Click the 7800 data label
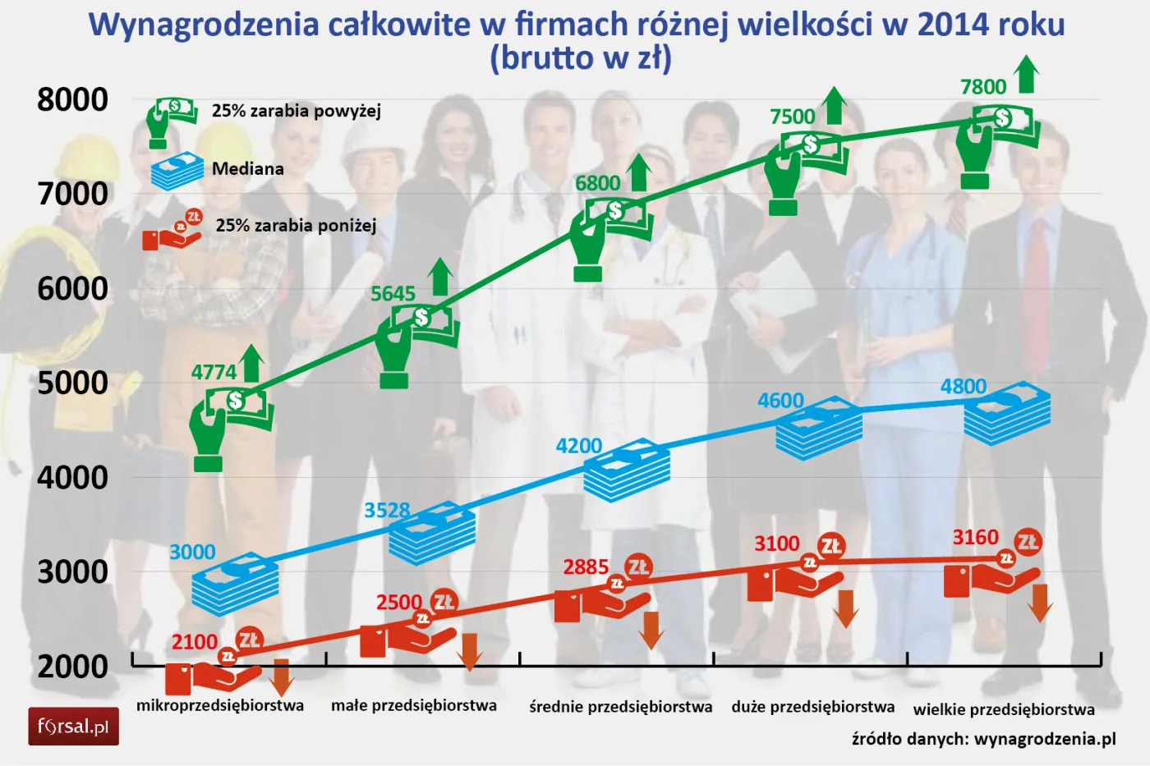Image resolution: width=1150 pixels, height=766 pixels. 982,87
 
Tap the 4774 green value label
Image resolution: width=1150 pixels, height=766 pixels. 214,372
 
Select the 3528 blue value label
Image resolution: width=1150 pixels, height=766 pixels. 387,510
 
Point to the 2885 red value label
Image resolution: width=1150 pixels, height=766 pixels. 586,566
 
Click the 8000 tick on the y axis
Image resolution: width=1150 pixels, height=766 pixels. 72,99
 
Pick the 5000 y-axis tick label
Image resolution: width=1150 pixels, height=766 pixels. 72,383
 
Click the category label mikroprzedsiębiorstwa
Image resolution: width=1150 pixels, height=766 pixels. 220,705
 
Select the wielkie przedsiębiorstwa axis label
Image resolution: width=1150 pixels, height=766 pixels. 1004,709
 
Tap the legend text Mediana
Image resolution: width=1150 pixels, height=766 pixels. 247,168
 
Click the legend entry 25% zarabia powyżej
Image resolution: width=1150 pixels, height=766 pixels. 296,111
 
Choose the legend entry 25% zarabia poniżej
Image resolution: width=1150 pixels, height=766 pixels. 296,225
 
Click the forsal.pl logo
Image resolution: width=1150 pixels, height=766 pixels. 73,727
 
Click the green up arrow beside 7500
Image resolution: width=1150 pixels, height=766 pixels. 835,105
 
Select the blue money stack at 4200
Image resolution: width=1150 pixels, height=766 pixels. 627,471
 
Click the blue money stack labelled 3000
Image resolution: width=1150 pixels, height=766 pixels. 235,585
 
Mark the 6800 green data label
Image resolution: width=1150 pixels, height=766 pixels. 597,183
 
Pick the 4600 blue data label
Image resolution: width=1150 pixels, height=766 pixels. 780,401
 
